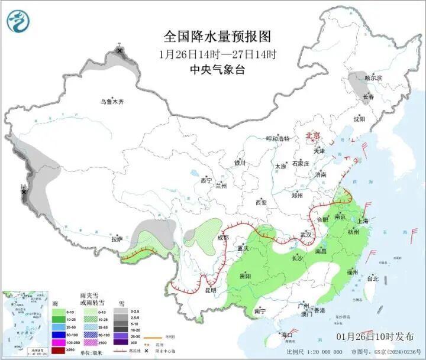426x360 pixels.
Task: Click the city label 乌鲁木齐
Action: coord(112,102)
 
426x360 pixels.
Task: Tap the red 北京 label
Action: coord(312,136)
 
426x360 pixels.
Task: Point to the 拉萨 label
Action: coord(117,239)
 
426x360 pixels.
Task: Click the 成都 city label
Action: coord(222,238)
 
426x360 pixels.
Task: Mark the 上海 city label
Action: coord(362,221)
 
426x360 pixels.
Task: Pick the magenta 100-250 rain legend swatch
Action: coord(59,342)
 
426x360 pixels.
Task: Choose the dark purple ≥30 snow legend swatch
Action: coord(121,342)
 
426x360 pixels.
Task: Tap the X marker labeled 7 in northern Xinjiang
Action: coord(120,51)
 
